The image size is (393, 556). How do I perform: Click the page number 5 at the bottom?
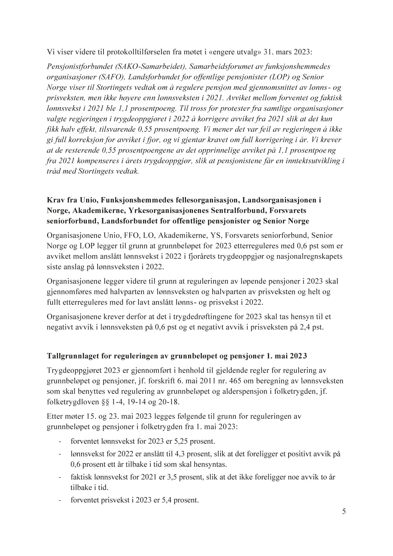[x=344, y=512]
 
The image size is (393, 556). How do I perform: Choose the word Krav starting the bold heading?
[x=57, y=200]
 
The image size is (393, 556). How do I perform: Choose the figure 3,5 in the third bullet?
[x=176, y=477]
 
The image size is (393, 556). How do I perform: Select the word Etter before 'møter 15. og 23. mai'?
[x=54, y=417]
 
